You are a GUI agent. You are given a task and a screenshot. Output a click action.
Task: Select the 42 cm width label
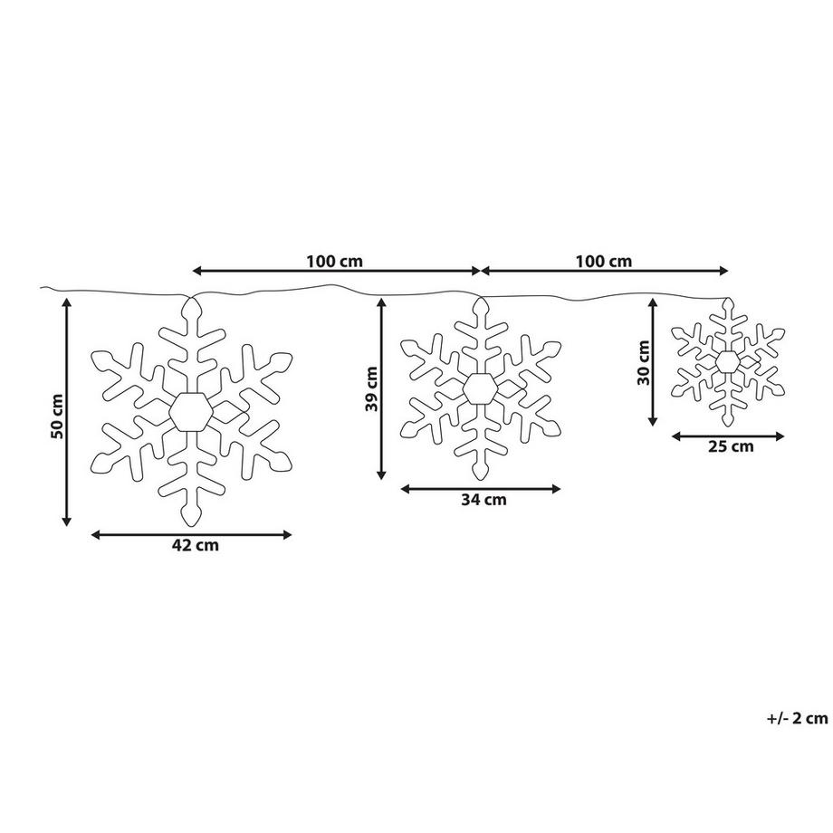point(195,546)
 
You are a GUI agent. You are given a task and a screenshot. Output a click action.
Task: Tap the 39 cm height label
point(371,388)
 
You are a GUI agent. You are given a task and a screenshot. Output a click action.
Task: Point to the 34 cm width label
point(484,500)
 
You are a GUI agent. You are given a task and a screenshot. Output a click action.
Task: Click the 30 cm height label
point(644,363)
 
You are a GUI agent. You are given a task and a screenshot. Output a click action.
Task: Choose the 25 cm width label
point(731,446)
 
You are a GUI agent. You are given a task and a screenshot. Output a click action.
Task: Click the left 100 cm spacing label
point(335,262)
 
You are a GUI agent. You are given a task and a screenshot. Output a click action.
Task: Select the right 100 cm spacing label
point(604,262)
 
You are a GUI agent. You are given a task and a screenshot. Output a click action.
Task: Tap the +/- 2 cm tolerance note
point(798,719)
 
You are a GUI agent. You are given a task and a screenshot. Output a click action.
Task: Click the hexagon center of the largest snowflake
point(191,412)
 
